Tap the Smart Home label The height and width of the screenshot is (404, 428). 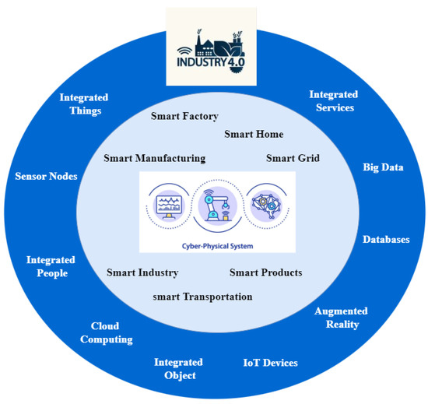pos(254,134)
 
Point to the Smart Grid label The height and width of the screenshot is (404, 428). pos(293,158)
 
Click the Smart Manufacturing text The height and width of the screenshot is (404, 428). pos(154,158)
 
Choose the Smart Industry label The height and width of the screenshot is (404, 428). pos(142,272)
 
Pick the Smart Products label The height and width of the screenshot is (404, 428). pos(265,272)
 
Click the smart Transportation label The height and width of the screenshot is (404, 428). pos(202,297)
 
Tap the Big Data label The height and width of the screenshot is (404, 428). pos(383,167)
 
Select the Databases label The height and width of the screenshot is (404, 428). pos(386,239)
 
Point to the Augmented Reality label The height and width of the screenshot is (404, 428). pos(341,318)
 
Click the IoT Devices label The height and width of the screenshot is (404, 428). pos(270,363)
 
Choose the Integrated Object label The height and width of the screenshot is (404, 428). pos(178,369)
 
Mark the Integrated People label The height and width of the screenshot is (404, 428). pos(51,266)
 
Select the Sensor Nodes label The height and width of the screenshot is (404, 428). pos(47,176)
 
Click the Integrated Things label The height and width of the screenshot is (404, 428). pos(84,104)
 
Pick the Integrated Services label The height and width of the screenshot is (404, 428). pos(332,101)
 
